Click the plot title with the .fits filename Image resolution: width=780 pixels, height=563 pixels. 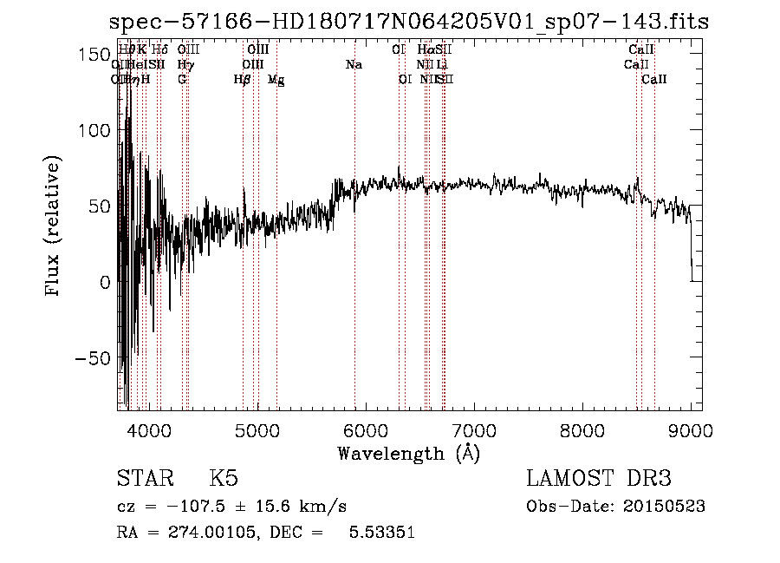(x=410, y=23)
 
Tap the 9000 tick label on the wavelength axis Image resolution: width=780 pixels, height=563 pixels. (x=691, y=430)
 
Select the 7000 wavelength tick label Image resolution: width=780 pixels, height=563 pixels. (x=474, y=430)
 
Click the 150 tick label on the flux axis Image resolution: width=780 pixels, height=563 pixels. (x=71, y=55)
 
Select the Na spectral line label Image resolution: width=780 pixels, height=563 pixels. (x=354, y=65)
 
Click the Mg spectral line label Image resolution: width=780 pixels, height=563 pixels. (x=276, y=80)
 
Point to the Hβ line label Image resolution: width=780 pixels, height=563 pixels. (x=243, y=80)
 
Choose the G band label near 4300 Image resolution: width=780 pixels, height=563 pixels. (x=182, y=80)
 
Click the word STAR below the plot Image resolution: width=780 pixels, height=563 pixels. (x=144, y=479)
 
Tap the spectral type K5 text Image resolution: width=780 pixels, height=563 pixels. (x=224, y=479)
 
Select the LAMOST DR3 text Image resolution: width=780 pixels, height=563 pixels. (x=599, y=479)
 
